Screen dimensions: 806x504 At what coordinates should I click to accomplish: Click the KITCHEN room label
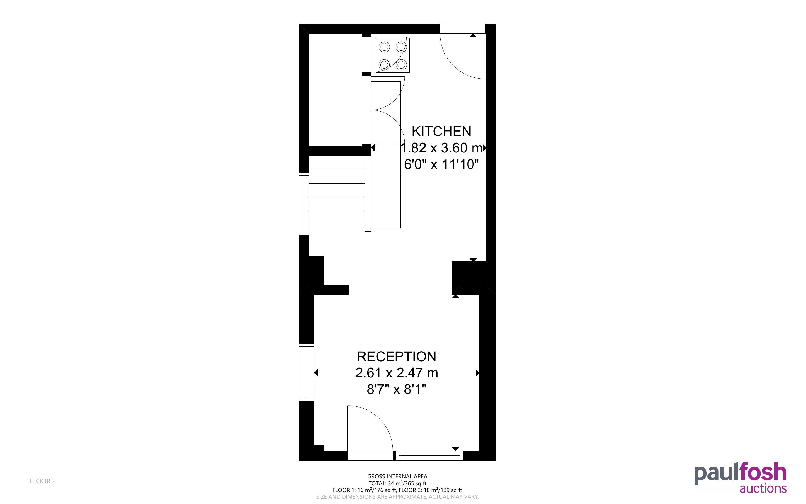coord(441,131)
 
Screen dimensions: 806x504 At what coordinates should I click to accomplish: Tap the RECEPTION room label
coord(397,357)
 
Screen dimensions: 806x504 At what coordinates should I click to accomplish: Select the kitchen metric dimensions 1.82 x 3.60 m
coord(441,148)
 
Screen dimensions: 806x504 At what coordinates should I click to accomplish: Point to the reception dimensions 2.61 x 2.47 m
coord(397,373)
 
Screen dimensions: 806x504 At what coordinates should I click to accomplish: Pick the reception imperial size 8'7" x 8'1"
coord(397,389)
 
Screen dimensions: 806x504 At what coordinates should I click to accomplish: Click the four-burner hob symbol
coord(393,55)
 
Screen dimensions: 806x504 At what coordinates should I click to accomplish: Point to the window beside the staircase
coord(304,203)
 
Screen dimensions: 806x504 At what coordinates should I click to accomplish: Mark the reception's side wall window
coord(307,373)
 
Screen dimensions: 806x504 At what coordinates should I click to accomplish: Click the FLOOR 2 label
coord(43,481)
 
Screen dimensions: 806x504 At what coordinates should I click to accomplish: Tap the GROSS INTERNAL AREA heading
coord(397,477)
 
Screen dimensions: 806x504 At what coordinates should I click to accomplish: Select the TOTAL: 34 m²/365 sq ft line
coord(397,483)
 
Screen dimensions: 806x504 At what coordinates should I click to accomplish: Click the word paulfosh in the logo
coord(741,473)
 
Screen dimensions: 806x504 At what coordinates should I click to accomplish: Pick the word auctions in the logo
coord(763,489)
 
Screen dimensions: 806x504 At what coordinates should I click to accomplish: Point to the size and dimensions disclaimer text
coord(397,497)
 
